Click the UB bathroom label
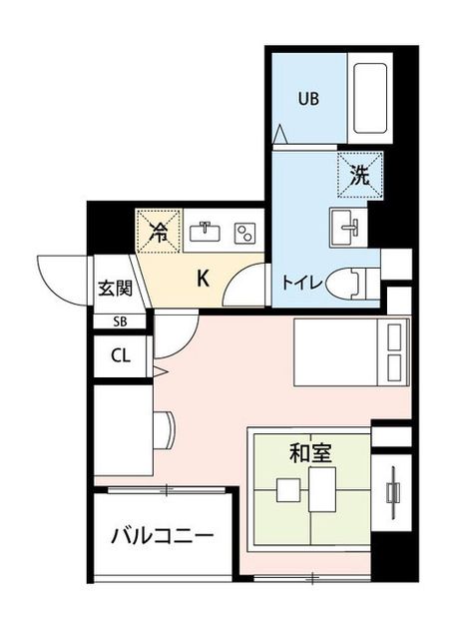coord(308,98)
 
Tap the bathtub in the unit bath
coord(370,99)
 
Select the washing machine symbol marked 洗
coord(360,176)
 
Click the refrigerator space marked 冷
coord(159,231)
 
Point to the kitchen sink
coord(205,232)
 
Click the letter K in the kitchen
coord(204,279)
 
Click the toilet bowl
coord(349,285)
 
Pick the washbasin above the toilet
coord(348,227)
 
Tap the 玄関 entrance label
coord(116,288)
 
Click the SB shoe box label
coord(120,321)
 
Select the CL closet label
coord(121,355)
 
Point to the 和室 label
coord(310,453)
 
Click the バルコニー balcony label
coord(162,535)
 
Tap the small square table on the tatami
coord(288,490)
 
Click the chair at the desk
coord(165,429)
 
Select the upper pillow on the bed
coord(394,337)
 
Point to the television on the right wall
coord(393,492)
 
